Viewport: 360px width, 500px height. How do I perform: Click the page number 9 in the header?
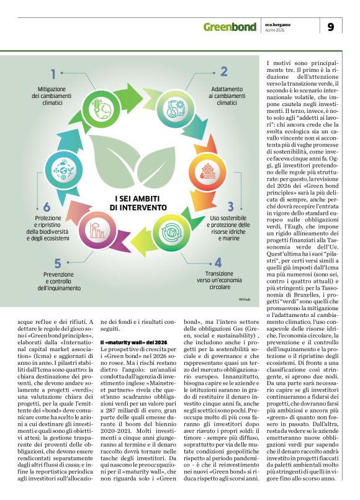pyautogui.click(x=331, y=27)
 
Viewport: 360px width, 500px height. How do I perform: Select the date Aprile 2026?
pyautogui.click(x=277, y=30)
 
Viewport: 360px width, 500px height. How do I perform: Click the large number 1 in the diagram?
pyautogui.click(x=53, y=74)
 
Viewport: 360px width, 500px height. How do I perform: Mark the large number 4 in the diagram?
pyautogui.click(x=217, y=262)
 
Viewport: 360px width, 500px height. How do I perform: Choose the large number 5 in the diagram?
pyautogui.click(x=58, y=263)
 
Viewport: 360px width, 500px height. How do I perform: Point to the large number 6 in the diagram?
pyautogui.click(x=47, y=207)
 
